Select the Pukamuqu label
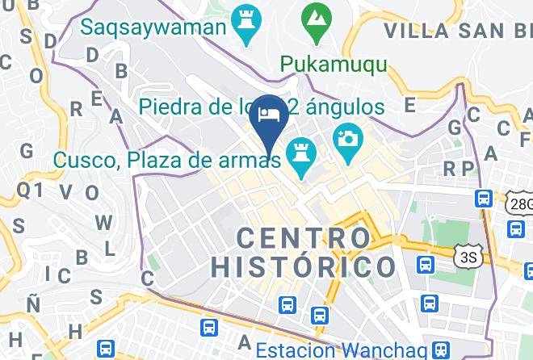pyautogui.click(x=334, y=63)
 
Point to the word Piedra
pyautogui.click(x=166, y=107)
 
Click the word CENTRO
pyautogui.click(x=304, y=237)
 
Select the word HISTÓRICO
pyautogui.click(x=304, y=267)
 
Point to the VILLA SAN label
pyautogui.click(x=452, y=31)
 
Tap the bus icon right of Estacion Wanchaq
pyautogui.click(x=440, y=349)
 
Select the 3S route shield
pyautogui.click(x=467, y=257)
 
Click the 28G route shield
pyautogui.click(x=521, y=203)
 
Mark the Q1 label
pyautogui.click(x=29, y=190)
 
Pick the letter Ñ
pyautogui.click(x=33, y=303)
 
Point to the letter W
pyautogui.click(x=103, y=222)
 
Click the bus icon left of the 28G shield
pyautogui.click(x=485, y=198)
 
